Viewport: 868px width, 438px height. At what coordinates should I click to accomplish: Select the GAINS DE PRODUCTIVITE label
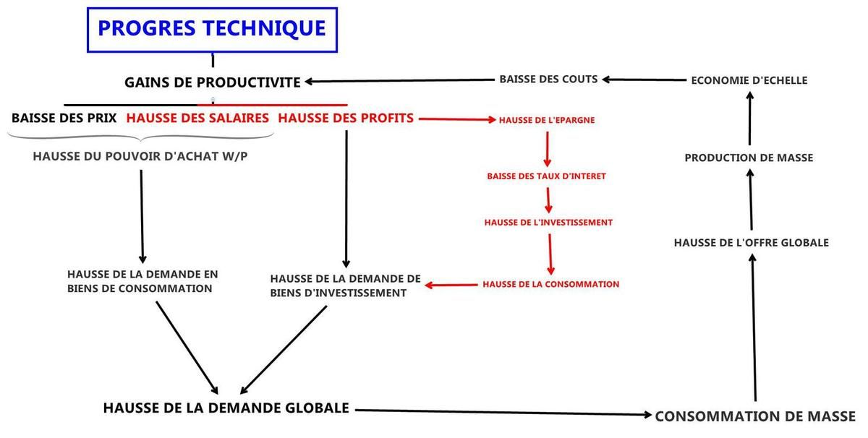pos(213,82)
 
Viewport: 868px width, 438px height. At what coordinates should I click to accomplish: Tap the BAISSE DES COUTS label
pos(548,79)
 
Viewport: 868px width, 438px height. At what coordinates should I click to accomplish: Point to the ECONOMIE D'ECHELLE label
pos(749,80)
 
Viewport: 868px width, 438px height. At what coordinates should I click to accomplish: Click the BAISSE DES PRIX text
pos(64,118)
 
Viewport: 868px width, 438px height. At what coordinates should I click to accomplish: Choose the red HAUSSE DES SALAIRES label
pos(197,118)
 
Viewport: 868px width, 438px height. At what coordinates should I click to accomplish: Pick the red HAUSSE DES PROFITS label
pos(346,118)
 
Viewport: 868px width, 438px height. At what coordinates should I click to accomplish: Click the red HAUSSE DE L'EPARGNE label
pos(546,120)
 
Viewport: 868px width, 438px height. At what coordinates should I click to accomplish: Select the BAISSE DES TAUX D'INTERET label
pos(546,176)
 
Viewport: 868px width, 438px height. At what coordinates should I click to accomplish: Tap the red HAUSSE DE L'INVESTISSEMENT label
pos(548,223)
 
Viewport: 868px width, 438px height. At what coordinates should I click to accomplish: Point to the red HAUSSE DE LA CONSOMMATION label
pos(550,284)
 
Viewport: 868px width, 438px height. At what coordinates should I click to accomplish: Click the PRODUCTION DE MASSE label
pos(749,158)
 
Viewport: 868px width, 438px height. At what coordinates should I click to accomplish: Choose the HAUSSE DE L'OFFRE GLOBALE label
pos(752,242)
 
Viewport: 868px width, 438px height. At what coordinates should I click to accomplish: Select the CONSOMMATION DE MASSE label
pos(755,416)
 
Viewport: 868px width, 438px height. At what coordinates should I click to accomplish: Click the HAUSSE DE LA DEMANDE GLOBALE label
pos(226,408)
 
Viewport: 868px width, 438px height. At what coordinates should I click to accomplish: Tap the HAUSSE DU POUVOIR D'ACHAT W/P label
pos(140,156)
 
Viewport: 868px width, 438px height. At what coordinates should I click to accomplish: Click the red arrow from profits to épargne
pos(457,119)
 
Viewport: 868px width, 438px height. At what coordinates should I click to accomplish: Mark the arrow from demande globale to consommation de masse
pos(503,413)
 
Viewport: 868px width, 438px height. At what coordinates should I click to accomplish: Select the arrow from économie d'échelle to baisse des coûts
pos(644,80)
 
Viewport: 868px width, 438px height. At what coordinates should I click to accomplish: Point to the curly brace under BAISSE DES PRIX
pos(140,137)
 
